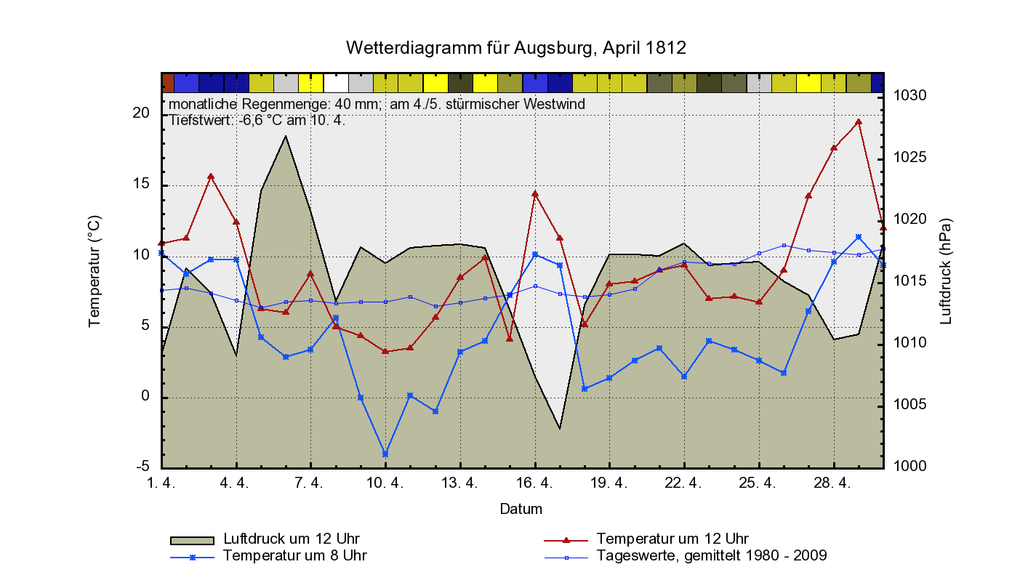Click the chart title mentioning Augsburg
click(516, 48)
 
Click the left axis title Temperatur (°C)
click(95, 270)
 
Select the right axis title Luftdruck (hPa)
click(945, 270)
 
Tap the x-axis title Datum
click(521, 509)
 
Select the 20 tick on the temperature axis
click(141, 113)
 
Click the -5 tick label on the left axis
click(142, 467)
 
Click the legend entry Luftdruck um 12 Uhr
click(292, 539)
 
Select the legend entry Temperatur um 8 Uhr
click(294, 556)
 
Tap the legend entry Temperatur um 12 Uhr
click(672, 539)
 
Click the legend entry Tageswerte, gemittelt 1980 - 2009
click(711, 556)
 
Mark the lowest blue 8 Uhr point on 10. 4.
click(385, 454)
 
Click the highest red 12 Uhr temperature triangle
click(859, 122)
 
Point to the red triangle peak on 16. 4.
click(535, 194)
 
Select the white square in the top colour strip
click(336, 83)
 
